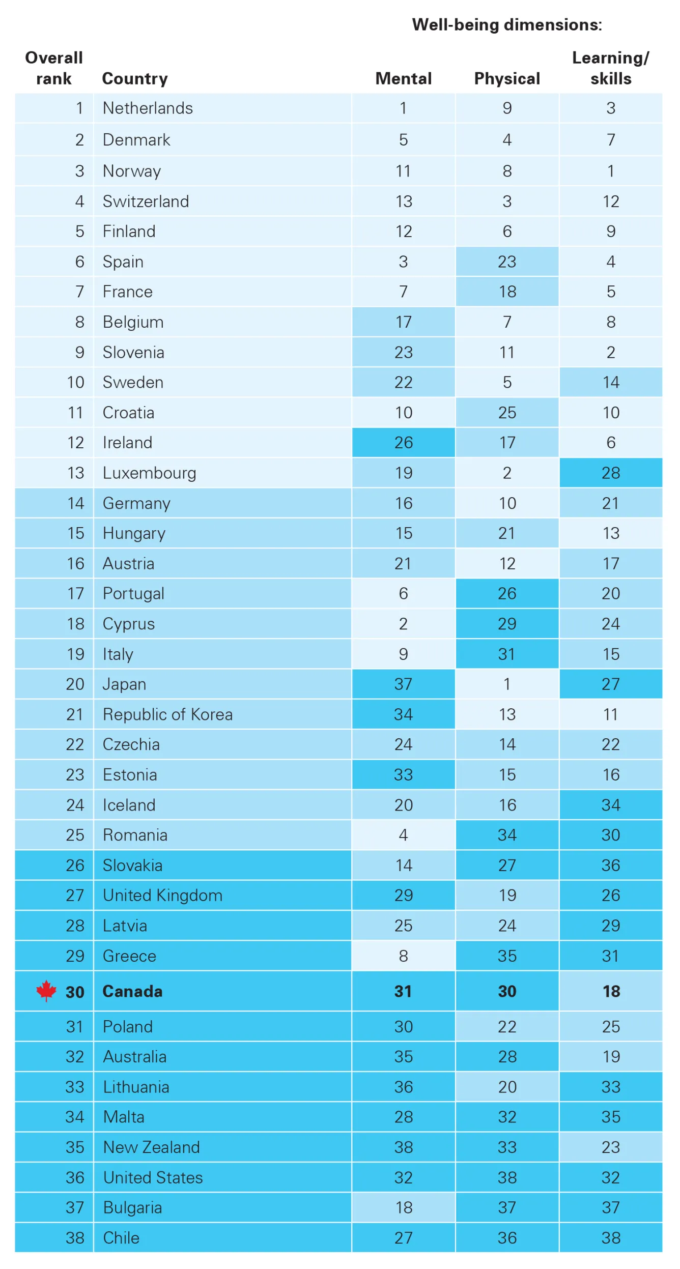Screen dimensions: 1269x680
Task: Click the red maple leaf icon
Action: pyautogui.click(x=46, y=990)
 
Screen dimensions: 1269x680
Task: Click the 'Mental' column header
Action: pyautogui.click(x=403, y=78)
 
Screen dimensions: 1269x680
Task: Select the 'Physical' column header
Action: pyautogui.click(x=507, y=78)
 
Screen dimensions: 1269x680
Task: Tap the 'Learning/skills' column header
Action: pyautogui.click(x=610, y=68)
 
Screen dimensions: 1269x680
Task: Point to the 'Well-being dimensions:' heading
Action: pyautogui.click(x=507, y=24)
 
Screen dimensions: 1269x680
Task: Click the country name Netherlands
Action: pyautogui.click(x=148, y=108)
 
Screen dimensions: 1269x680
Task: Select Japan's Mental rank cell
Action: pyautogui.click(x=403, y=683)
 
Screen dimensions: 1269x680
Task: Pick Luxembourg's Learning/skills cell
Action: pyautogui.click(x=610, y=473)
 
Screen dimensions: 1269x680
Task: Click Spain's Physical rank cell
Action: pyautogui.click(x=507, y=262)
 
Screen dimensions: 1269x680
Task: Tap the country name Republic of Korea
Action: pyautogui.click(x=167, y=714)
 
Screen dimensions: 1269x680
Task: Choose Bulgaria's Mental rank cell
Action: pyautogui.click(x=403, y=1207)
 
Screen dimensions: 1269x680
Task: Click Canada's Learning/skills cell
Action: pyautogui.click(x=610, y=991)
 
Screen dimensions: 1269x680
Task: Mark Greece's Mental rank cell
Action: pyautogui.click(x=403, y=956)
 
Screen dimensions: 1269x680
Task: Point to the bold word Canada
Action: pyautogui.click(x=132, y=991)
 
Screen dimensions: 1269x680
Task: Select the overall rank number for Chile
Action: pyautogui.click(x=75, y=1237)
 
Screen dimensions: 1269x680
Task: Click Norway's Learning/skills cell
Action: pyautogui.click(x=610, y=171)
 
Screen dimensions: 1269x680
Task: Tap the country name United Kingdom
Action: pyautogui.click(x=162, y=895)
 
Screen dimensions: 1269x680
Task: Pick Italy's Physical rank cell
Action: pyautogui.click(x=507, y=653)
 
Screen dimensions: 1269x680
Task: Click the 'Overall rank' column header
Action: pyautogui.click(x=54, y=68)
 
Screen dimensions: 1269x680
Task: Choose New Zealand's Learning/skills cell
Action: pyautogui.click(x=610, y=1147)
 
